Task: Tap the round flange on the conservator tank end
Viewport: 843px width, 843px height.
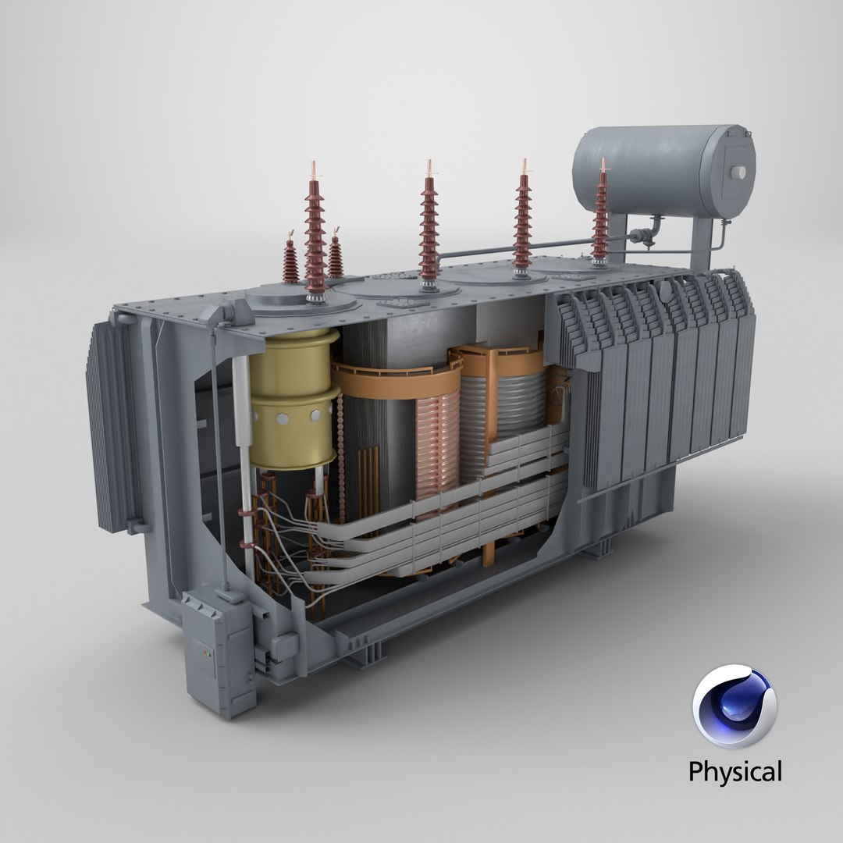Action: [738, 173]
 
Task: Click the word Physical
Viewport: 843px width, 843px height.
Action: [734, 772]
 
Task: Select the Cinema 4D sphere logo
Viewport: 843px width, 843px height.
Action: [734, 706]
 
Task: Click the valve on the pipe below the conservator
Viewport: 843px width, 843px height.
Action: [640, 235]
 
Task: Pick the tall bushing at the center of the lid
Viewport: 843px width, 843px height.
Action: [429, 226]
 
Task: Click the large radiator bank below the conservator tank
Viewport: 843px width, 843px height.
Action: [663, 382]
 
